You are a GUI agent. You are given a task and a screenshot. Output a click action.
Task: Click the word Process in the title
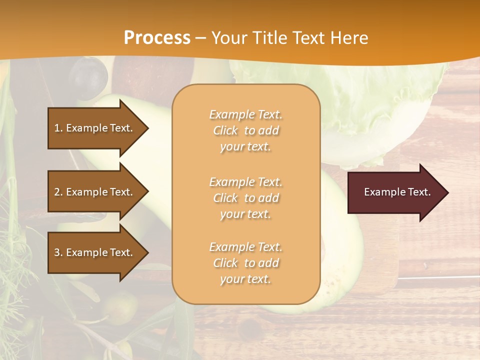coord(157,38)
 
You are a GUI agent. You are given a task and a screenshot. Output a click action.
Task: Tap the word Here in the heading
coord(348,38)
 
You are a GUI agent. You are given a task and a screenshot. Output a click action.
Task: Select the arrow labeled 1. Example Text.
coord(95,128)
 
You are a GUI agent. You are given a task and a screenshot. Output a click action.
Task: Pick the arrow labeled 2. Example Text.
coord(95,192)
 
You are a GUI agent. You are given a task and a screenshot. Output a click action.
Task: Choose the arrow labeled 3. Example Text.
coord(95,252)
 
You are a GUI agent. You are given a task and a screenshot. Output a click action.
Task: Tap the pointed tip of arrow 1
coord(147,128)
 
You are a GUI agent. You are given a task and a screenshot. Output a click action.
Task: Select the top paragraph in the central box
coord(245,130)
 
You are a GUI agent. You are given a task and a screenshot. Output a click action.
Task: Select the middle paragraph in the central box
coord(245,198)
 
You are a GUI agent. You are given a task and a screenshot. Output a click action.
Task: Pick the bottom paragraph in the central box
coord(245,263)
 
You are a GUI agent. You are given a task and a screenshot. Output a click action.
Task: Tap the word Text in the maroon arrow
coord(419,192)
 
